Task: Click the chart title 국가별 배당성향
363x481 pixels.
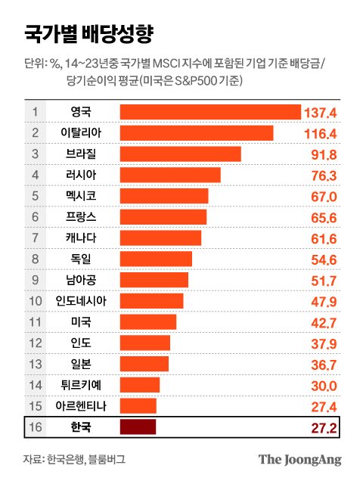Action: click(x=88, y=33)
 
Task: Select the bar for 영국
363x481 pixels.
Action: click(x=210, y=112)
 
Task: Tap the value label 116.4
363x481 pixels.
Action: click(x=320, y=134)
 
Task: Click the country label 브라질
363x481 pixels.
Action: click(x=81, y=154)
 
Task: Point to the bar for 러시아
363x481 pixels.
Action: click(x=170, y=175)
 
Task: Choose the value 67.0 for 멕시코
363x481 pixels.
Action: click(x=324, y=197)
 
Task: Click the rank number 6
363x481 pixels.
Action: click(x=35, y=217)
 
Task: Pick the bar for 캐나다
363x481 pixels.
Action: click(x=160, y=238)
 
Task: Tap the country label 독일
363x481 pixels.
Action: click(x=81, y=259)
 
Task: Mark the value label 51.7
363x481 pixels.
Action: click(x=324, y=281)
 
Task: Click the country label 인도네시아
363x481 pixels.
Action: click(x=81, y=301)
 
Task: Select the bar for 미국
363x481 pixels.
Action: click(x=148, y=322)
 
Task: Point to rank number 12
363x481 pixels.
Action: click(x=35, y=343)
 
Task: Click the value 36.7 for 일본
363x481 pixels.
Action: click(x=324, y=365)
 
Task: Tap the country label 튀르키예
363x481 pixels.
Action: click(x=81, y=385)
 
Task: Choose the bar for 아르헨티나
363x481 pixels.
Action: click(x=138, y=406)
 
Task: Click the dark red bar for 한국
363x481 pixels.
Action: click(x=138, y=427)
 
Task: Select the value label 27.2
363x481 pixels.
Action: click(x=324, y=428)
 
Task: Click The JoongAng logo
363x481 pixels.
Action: click(x=299, y=460)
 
